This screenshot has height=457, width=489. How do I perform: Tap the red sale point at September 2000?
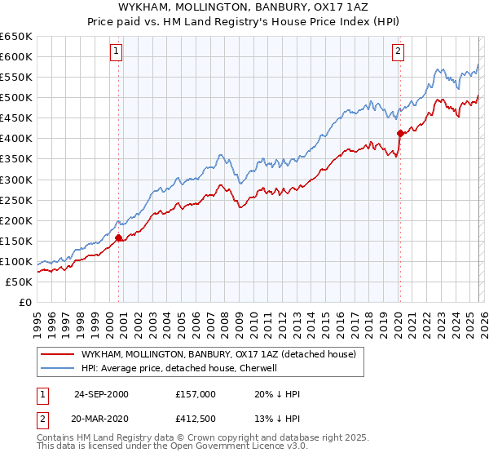coord(119,238)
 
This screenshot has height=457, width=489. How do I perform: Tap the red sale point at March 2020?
coord(400,133)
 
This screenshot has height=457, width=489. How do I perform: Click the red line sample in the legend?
coord(58,355)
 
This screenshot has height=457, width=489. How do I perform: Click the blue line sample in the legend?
coord(58,369)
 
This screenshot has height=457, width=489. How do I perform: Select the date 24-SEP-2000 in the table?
coord(101,394)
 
